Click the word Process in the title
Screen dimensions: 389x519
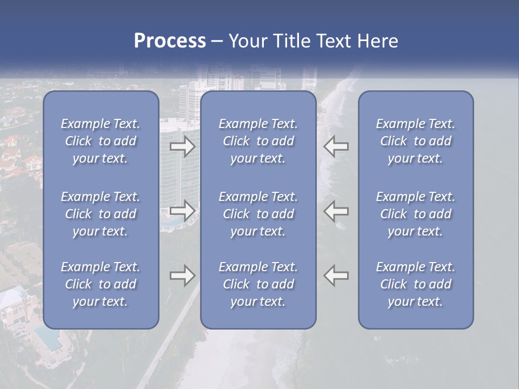[170, 41]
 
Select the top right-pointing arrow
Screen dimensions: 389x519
[183, 146]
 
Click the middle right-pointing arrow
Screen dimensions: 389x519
[183, 211]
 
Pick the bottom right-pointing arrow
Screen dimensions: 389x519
[183, 276]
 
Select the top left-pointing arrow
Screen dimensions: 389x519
[336, 146]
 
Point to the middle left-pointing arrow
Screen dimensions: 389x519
[336, 210]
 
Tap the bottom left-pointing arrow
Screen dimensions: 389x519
[336, 275]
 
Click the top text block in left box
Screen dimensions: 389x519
[101, 141]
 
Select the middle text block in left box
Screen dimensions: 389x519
[101, 214]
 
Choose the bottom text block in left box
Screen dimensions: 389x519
[101, 284]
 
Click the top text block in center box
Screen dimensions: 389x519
[258, 141]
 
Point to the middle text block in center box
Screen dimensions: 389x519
[258, 214]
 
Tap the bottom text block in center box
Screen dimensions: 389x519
[258, 284]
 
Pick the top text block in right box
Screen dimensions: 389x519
[416, 141]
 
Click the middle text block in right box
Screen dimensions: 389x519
[416, 214]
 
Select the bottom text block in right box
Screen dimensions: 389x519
[416, 284]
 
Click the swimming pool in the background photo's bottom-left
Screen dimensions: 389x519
[48, 337]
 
